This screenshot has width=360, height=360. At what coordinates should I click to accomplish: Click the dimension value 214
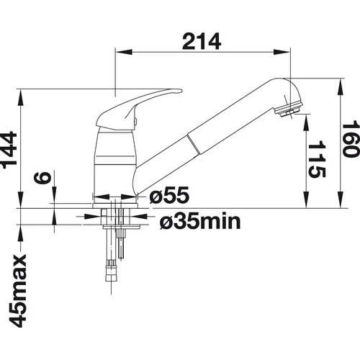[x=202, y=41]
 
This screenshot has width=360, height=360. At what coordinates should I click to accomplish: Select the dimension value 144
[x=9, y=150]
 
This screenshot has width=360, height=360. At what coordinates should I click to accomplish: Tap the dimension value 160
[x=351, y=140]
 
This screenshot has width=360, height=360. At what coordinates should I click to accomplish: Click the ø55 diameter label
[x=169, y=195]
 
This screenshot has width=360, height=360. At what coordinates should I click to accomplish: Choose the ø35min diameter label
[x=200, y=221]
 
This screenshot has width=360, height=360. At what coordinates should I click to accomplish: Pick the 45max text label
[x=17, y=291]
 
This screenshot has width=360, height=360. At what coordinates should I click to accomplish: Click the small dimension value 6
[x=42, y=178]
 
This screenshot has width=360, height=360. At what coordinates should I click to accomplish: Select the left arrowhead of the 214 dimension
[x=124, y=52]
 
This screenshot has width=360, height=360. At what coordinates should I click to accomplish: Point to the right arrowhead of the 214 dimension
[x=282, y=52]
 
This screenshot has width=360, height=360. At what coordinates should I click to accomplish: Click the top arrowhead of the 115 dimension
[x=307, y=122]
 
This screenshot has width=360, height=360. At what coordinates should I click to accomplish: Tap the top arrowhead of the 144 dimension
[x=20, y=97]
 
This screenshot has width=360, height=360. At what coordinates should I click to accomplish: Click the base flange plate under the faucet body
[x=115, y=206]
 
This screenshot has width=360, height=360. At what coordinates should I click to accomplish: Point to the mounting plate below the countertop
[x=122, y=227]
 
